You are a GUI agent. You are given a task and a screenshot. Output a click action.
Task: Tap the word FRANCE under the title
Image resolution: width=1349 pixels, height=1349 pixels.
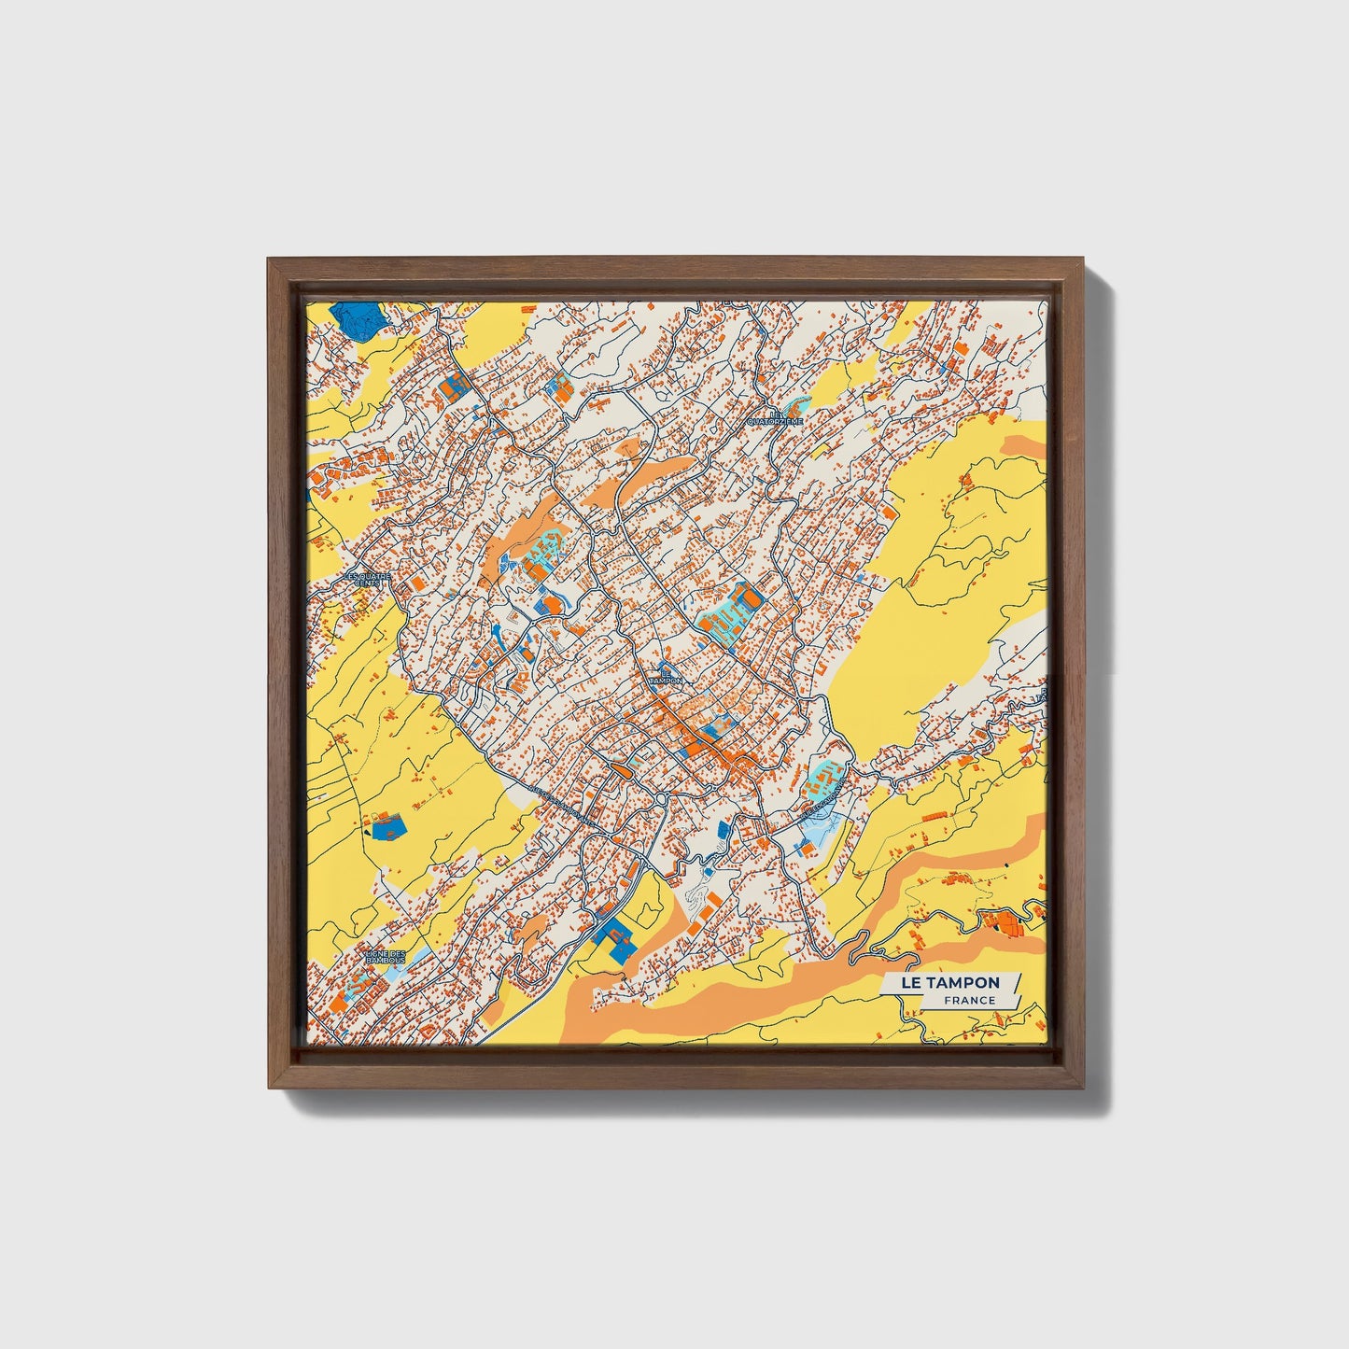point(968,1001)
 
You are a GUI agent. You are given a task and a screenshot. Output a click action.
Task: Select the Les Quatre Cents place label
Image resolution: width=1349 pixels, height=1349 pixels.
point(369,579)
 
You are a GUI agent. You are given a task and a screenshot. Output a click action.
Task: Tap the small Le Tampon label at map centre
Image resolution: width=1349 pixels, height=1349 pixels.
point(667,676)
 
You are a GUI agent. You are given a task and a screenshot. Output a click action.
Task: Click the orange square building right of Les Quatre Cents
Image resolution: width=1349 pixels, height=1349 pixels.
point(417,582)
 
